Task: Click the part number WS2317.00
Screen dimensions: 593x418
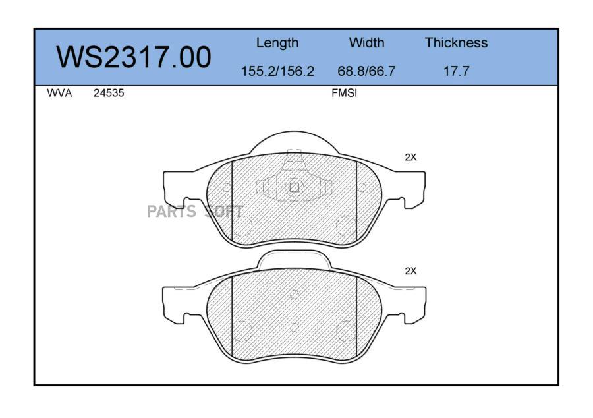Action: tap(134, 57)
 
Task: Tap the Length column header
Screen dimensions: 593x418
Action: tap(277, 43)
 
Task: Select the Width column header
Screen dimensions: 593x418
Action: tap(366, 42)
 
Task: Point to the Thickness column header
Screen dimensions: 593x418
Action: tap(456, 42)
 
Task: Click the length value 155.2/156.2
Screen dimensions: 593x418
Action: tap(277, 71)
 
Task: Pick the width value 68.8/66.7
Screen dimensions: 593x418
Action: tap(366, 71)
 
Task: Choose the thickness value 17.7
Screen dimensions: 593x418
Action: tap(456, 71)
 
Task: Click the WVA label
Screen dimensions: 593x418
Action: tap(59, 93)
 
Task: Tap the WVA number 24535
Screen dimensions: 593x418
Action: tap(109, 93)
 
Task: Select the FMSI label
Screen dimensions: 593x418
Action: tap(344, 93)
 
